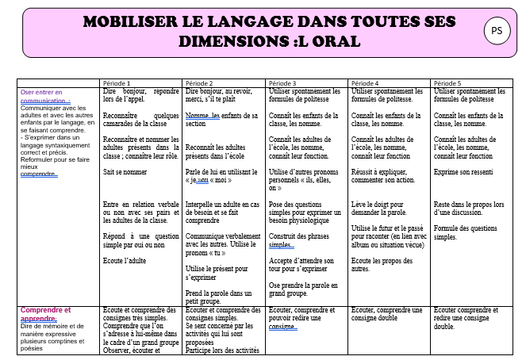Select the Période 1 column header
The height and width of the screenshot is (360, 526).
[x=117, y=83]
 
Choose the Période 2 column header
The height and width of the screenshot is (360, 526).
[x=199, y=83]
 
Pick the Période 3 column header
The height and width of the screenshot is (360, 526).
[x=282, y=83]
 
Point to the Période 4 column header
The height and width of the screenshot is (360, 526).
[x=365, y=83]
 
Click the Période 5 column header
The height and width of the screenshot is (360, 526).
[x=447, y=83]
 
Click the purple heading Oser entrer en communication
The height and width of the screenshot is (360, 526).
[x=46, y=96]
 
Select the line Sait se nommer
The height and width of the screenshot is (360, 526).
[x=124, y=171]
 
